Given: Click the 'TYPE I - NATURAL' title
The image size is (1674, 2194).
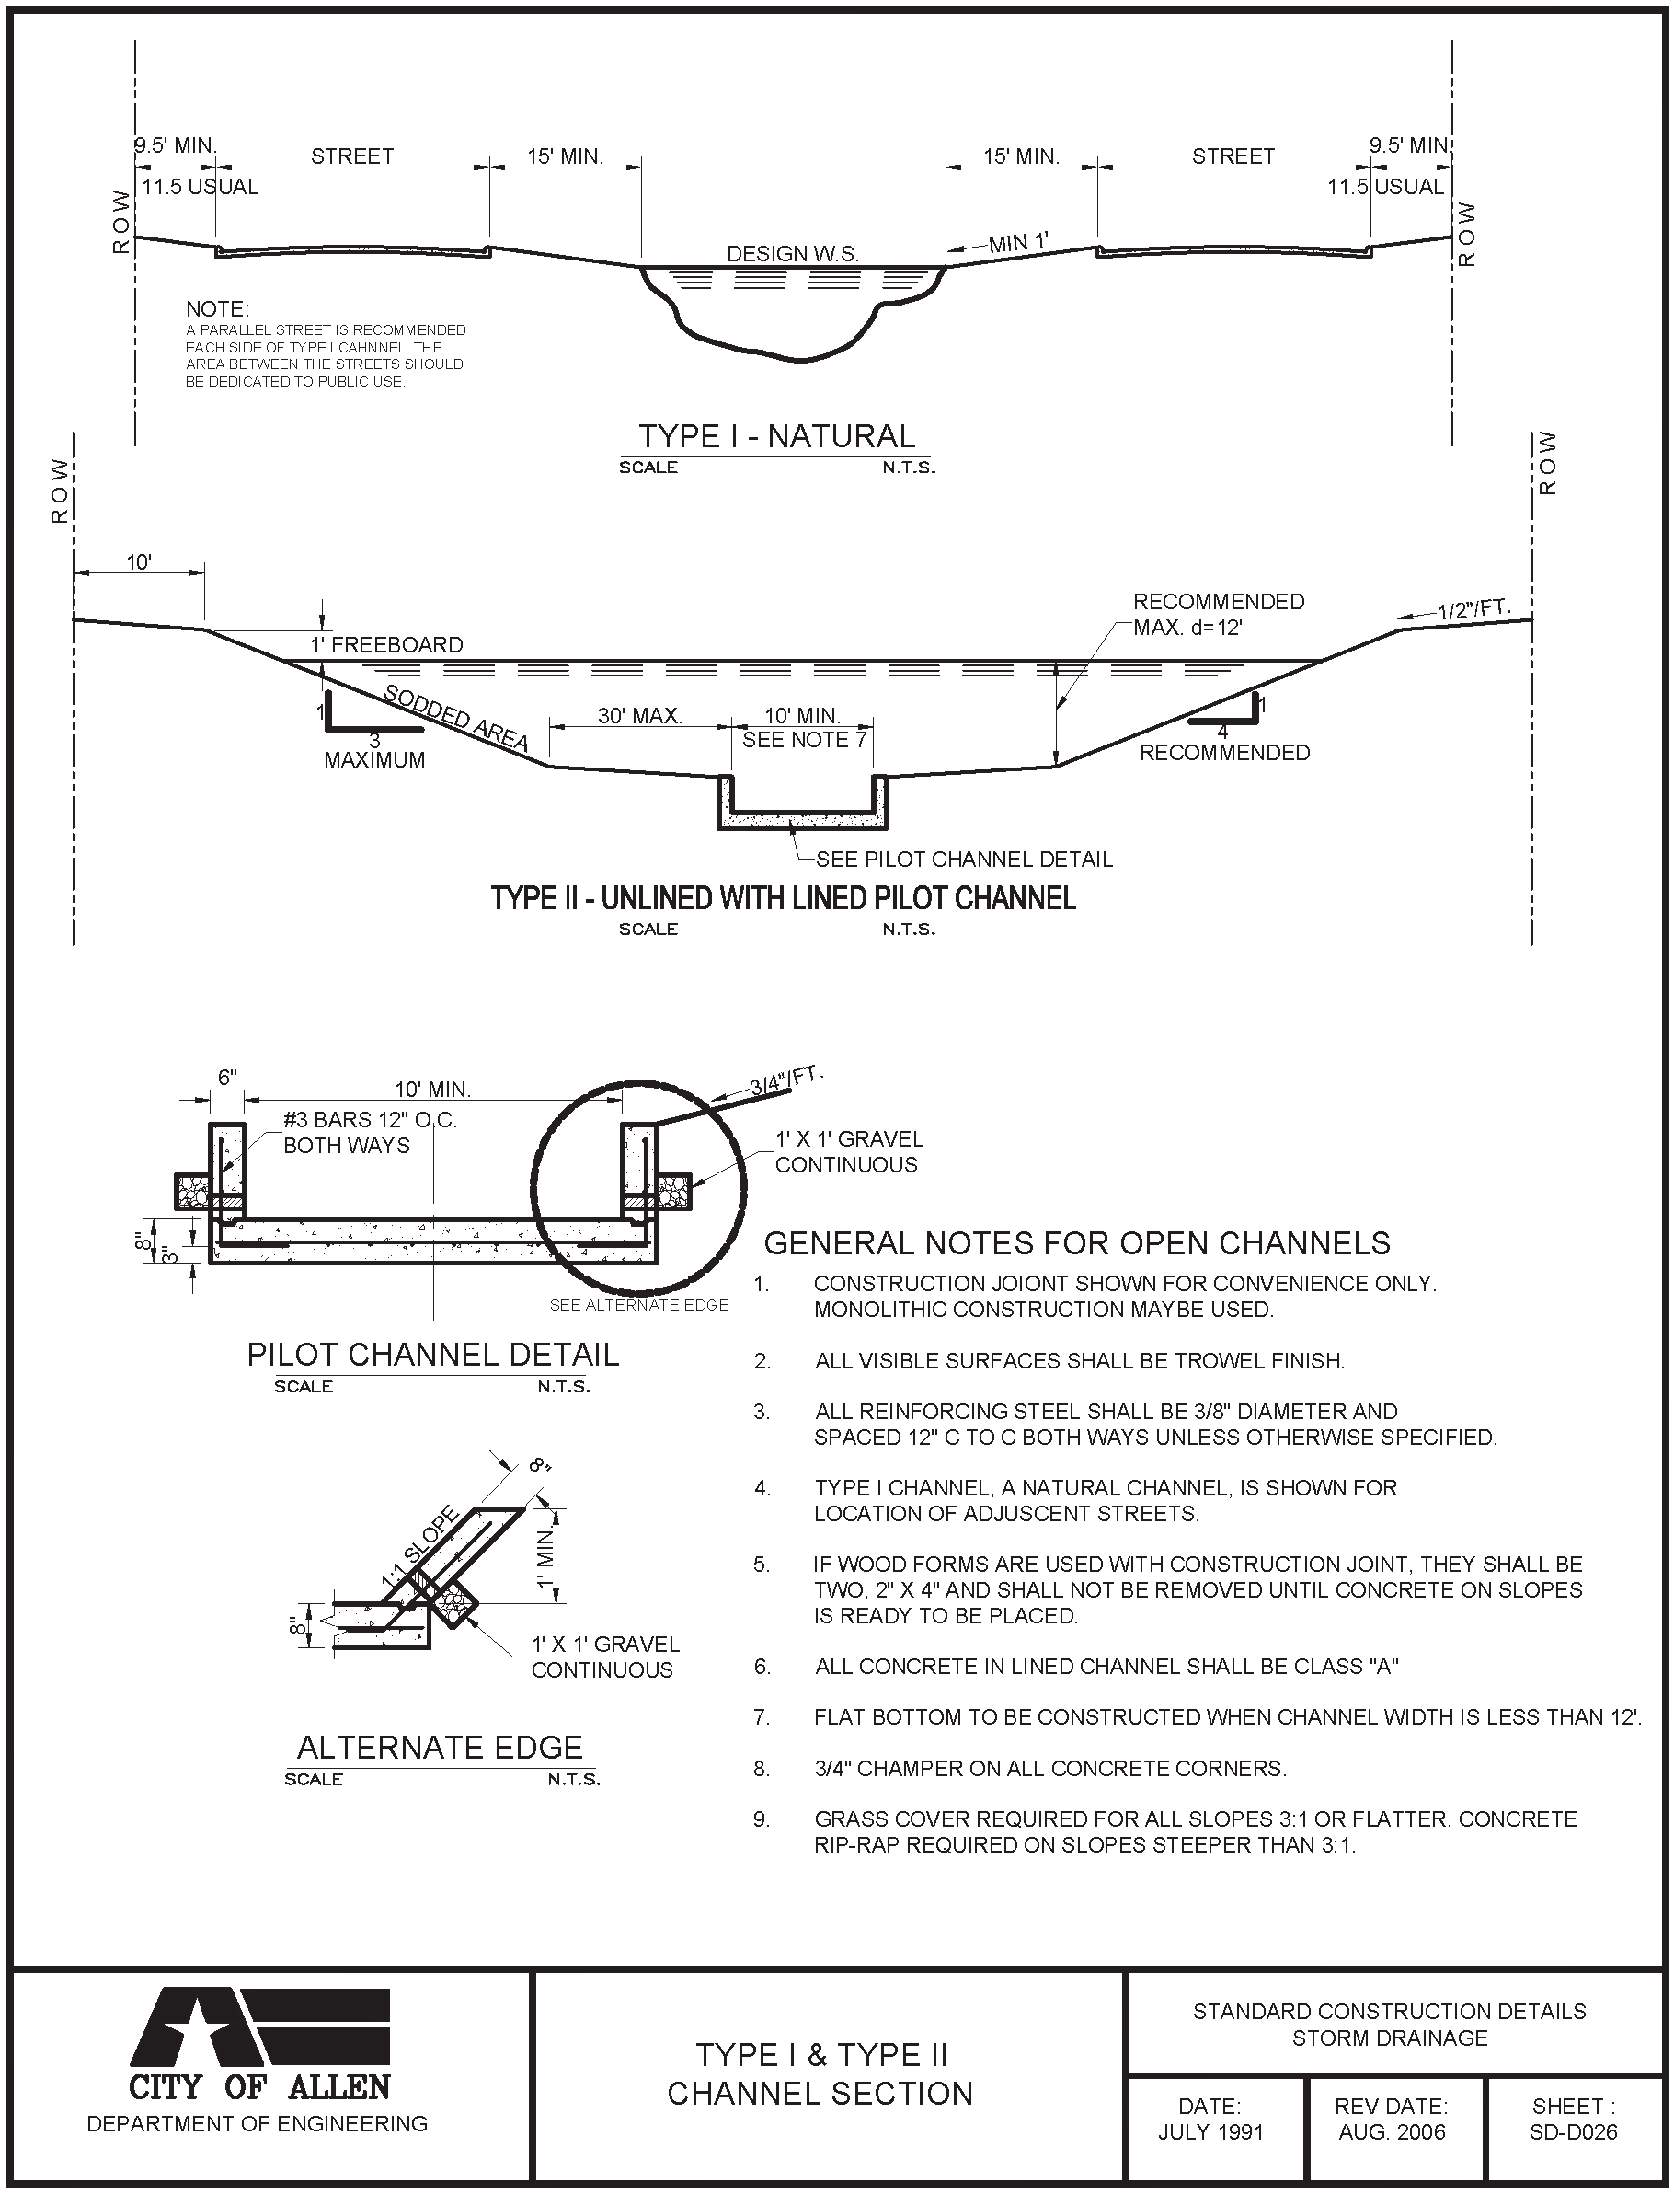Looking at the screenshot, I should pyautogui.click(x=776, y=436).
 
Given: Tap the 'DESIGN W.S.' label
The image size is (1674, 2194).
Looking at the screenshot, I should pyautogui.click(x=792, y=253).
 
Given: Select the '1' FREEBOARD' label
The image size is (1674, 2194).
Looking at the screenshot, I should pyautogui.click(x=385, y=645).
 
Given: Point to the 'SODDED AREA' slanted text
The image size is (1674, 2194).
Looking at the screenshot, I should pyautogui.click(x=455, y=718).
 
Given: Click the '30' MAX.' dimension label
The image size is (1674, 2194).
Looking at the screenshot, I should pyautogui.click(x=640, y=716).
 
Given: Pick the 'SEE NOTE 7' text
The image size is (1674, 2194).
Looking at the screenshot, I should pyautogui.click(x=804, y=740).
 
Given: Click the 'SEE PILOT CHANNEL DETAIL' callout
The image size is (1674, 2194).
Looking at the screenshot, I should pyautogui.click(x=964, y=860).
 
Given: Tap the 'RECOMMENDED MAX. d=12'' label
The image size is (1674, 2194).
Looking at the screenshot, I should pyautogui.click(x=1218, y=614).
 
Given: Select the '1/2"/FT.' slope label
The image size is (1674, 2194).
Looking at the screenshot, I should pyautogui.click(x=1473, y=608).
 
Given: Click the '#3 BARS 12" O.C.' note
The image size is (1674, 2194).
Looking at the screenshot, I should pyautogui.click(x=370, y=1119).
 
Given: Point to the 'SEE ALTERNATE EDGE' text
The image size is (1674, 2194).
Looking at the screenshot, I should pyautogui.click(x=638, y=1305).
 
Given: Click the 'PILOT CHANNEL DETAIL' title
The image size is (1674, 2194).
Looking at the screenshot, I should pyautogui.click(x=432, y=1355).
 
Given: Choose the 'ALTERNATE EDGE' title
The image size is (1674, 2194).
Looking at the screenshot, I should pyautogui.click(x=440, y=1748).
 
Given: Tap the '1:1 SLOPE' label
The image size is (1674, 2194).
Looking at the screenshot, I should pyautogui.click(x=419, y=1546).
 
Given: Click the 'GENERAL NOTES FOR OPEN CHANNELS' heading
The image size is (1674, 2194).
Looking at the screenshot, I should pyautogui.click(x=1076, y=1243).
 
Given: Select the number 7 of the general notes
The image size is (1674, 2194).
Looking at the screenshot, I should pyautogui.click(x=762, y=1717).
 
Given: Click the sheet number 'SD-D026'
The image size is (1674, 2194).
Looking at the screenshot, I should pyautogui.click(x=1574, y=2132).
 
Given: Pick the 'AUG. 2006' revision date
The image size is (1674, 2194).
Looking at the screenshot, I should pyautogui.click(x=1391, y=2132).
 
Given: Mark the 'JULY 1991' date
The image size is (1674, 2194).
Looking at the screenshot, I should pyautogui.click(x=1210, y=2132).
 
